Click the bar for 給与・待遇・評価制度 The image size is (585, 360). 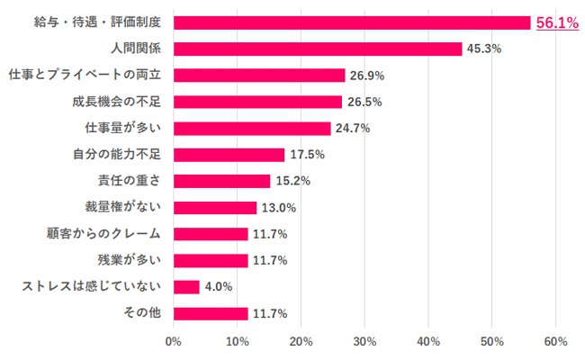click(x=352, y=22)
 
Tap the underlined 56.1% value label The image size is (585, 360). click(x=557, y=23)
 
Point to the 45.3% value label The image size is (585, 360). click(x=483, y=49)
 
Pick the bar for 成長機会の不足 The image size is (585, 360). click(x=257, y=102)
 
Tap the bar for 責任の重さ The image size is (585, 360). click(x=221, y=181)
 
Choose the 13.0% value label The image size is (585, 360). click(x=278, y=208)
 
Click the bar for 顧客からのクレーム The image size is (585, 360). click(x=211, y=234)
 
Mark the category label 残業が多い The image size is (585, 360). click(x=130, y=261)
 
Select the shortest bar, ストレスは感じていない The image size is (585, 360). click(x=186, y=287)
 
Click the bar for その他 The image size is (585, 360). click(x=211, y=313)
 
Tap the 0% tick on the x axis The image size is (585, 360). click(x=174, y=342)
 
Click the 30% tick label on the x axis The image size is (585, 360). click(x=364, y=342)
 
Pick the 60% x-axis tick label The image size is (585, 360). click(x=555, y=342)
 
